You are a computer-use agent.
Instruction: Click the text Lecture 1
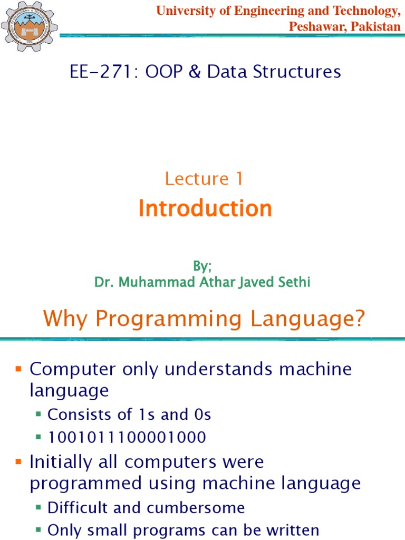point(204,179)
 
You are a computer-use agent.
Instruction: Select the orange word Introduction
point(205,209)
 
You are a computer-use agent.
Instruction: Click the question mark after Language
point(359,319)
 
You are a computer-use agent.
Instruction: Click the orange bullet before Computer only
point(19,369)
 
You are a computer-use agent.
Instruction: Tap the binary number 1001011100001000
point(127,438)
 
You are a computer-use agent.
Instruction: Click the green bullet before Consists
point(38,415)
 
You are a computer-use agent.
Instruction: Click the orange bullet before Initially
point(19,462)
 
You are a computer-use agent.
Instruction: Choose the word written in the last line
point(288,530)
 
